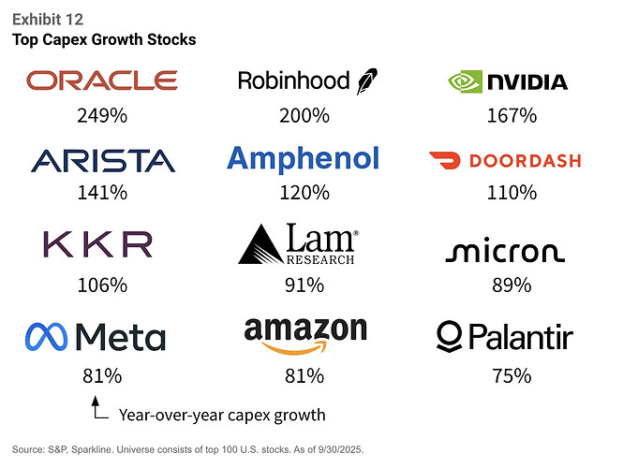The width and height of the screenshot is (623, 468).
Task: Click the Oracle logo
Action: point(101,80)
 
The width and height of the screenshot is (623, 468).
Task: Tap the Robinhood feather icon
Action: point(364,81)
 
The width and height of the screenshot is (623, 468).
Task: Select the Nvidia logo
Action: point(507,81)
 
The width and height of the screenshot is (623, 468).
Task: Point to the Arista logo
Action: point(101,160)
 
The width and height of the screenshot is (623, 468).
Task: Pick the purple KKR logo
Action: point(97,244)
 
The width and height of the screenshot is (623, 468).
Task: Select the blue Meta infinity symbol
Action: point(48,337)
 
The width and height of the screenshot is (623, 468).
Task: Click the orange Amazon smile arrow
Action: point(304,347)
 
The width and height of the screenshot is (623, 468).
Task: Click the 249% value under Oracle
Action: point(100,116)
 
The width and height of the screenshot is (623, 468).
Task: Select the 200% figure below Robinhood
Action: point(304,116)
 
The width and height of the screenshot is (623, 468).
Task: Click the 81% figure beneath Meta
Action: point(100,375)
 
